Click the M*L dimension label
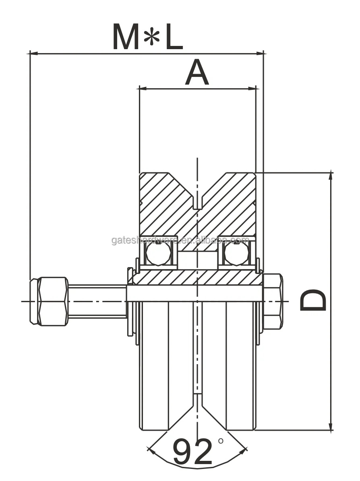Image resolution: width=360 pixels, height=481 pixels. (147, 37)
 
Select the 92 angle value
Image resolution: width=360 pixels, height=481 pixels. (192, 452)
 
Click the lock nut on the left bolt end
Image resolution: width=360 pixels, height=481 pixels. (49, 301)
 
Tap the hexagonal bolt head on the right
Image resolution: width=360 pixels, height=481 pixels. (273, 301)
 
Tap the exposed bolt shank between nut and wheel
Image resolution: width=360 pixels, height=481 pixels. (97, 301)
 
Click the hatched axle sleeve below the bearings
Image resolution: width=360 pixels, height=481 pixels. (197, 277)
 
